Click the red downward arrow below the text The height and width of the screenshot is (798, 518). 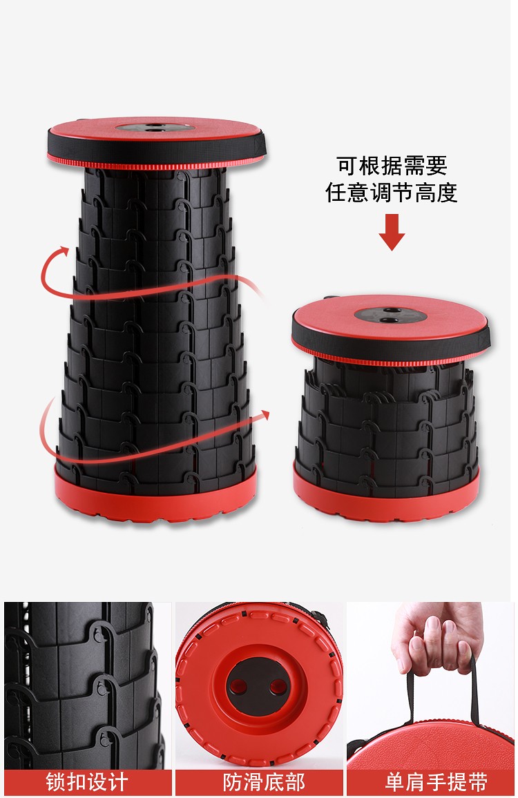392,232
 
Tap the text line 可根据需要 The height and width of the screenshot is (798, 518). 392,166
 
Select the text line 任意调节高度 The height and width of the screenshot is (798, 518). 391,193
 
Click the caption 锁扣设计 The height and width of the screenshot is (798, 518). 87,782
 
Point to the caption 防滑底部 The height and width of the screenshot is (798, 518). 264,782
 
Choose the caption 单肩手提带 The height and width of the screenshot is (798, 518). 437,782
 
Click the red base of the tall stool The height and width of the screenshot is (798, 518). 155,496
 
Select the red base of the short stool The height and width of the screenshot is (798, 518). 385,489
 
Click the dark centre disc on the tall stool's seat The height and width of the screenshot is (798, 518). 154,127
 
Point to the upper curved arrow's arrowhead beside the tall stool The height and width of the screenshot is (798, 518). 63,251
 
